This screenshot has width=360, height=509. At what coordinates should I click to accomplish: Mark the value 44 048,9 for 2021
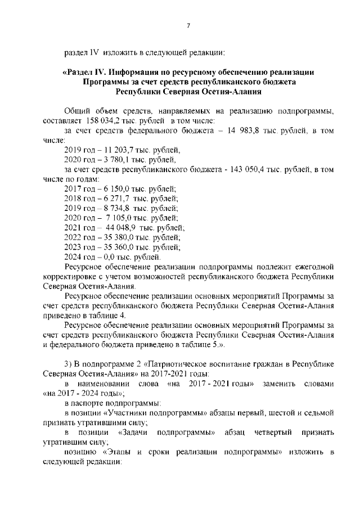[116, 227]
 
